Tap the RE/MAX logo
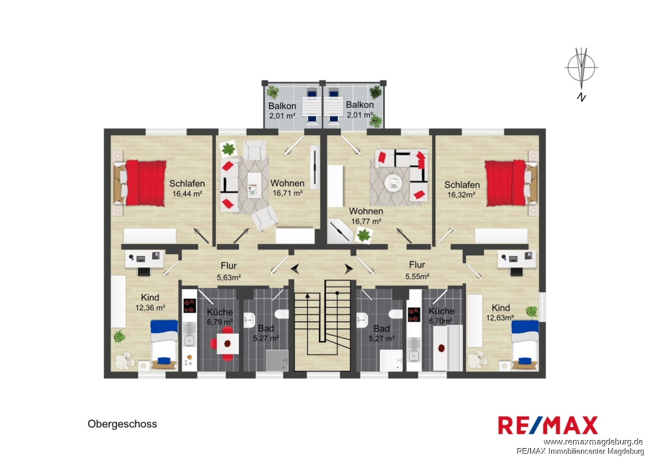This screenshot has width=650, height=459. coord(548,425)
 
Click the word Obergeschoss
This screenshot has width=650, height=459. coord(122,424)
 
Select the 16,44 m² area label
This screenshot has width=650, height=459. coord(187,193)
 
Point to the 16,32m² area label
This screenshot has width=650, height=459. coord(461,195)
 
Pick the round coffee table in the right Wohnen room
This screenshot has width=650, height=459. coord(392,183)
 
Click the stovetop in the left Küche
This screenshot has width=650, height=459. coord(189,306)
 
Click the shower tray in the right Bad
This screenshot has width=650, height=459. coord(391,360)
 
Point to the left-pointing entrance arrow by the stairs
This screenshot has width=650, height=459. coord(295,269)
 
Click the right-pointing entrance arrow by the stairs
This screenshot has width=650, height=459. coord(348,269)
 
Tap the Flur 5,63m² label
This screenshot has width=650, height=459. coord(229,271)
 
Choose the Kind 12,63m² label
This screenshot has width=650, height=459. coord(500,313)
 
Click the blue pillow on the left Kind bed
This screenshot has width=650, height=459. coord(164,360)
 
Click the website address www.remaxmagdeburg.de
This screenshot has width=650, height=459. coord(593,442)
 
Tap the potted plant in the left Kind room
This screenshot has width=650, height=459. coord(119,336)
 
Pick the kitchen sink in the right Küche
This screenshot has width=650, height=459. coord(413,355)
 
